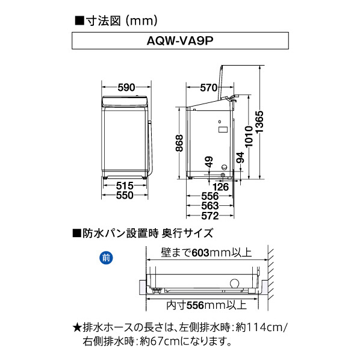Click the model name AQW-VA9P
[x=180, y=42]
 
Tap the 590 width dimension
[x=126, y=88]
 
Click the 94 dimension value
[x=240, y=158]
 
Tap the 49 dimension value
[x=209, y=163]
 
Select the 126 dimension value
[x=222, y=187]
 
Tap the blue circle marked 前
[x=106, y=259]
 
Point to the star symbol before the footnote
[x=76, y=327]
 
